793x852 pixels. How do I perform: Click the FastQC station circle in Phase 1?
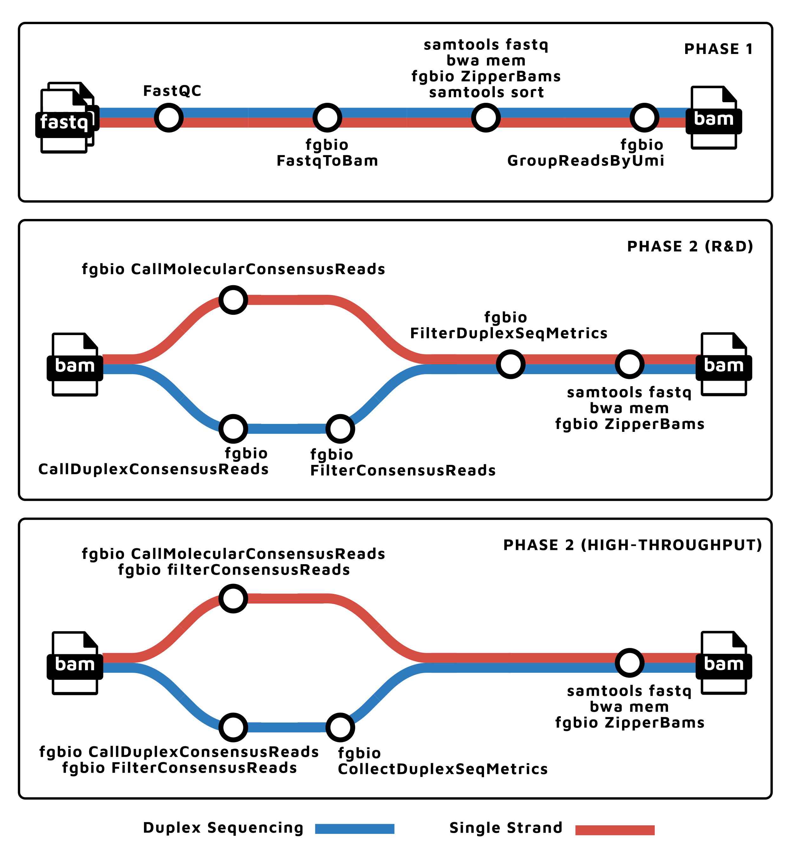point(168,117)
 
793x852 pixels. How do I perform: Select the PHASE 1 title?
point(718,49)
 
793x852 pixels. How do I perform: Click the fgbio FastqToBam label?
point(327,153)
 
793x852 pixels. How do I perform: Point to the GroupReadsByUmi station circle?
point(644,117)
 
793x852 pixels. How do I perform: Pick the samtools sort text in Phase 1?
point(486,92)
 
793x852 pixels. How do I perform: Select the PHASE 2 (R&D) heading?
point(690,247)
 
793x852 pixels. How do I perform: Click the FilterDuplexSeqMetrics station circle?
point(510,364)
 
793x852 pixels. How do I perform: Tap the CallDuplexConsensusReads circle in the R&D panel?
point(233,429)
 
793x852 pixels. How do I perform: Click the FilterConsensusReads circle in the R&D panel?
point(340,429)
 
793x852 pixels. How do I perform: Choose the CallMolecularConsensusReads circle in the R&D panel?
point(233,300)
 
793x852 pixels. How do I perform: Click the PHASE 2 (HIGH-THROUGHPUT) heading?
point(632,545)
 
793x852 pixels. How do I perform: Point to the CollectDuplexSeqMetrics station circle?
point(340,727)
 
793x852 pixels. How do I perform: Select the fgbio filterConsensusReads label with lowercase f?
point(234,570)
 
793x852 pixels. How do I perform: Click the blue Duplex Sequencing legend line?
point(354,829)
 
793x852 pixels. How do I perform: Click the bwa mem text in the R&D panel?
point(629,408)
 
